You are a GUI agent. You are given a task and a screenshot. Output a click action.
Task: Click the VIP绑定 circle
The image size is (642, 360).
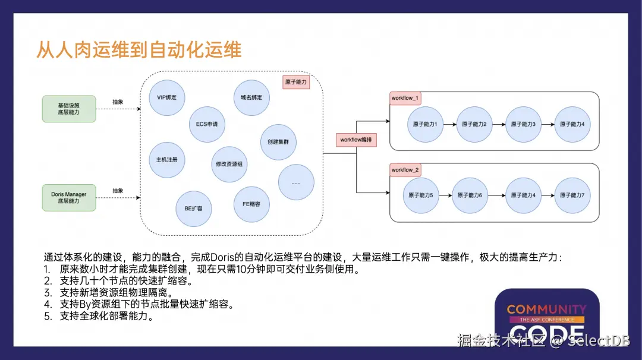click(x=166, y=97)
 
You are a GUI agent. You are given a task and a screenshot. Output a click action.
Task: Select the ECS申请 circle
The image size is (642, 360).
click(x=207, y=124)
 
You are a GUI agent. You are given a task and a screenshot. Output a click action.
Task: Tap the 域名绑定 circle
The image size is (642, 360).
click(x=251, y=97)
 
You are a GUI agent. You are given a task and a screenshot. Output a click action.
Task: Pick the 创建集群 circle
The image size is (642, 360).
click(x=278, y=142)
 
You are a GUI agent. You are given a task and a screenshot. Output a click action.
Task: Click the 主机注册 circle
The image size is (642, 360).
click(x=166, y=160)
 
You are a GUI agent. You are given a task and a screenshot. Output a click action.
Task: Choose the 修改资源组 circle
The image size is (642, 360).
click(x=229, y=164)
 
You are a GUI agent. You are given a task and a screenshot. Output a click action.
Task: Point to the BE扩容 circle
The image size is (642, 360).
click(x=194, y=209)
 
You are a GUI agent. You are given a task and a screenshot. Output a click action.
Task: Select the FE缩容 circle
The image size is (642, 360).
click(x=251, y=204)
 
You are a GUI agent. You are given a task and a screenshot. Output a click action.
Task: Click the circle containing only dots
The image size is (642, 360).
click(x=296, y=182)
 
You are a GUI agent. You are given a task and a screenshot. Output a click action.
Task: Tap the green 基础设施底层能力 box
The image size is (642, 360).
click(x=69, y=109)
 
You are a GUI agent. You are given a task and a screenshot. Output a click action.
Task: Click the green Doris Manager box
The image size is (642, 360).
click(x=69, y=198)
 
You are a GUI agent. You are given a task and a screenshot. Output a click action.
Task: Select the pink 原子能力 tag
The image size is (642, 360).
click(x=296, y=82)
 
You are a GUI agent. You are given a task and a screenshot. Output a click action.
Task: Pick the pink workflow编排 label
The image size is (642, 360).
click(x=356, y=140)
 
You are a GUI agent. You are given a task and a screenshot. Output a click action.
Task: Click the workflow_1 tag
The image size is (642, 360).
click(x=405, y=98)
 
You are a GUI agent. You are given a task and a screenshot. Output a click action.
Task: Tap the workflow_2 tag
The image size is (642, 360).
click(x=405, y=170)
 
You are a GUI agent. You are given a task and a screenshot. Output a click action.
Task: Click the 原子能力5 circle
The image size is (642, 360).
click(x=420, y=195)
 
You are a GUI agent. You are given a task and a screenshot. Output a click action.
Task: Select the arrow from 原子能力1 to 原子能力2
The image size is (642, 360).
click(x=449, y=124)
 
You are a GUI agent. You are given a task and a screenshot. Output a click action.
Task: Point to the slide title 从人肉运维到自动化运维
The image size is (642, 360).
click(x=139, y=50)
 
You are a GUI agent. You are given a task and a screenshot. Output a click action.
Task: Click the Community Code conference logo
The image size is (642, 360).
click(x=547, y=317)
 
